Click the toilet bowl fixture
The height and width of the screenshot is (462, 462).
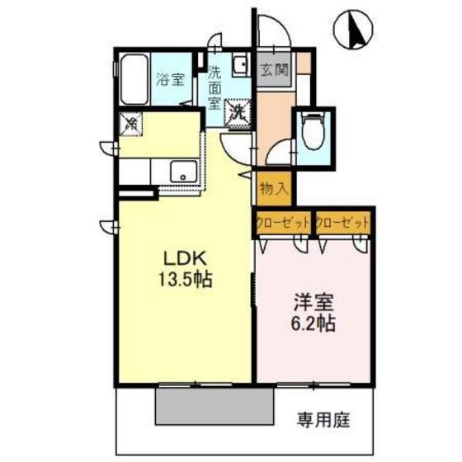click(x=313, y=130)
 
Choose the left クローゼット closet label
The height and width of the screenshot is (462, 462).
click(x=282, y=223)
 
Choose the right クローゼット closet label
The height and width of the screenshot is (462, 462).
click(x=342, y=223)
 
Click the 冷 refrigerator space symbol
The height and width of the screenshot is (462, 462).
click(x=131, y=124)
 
